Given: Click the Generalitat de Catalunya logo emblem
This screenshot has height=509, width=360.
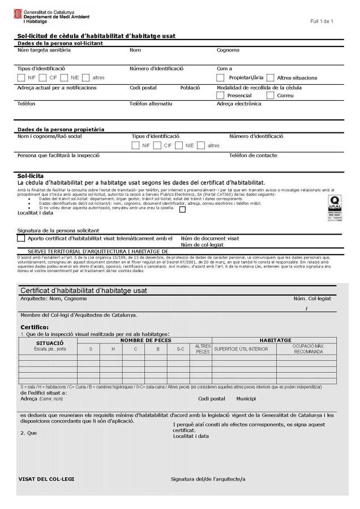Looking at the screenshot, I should tap(19, 14).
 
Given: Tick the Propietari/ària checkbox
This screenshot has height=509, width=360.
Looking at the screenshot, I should tap(221, 77).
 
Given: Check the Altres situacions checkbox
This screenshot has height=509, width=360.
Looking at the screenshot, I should tap(270, 77).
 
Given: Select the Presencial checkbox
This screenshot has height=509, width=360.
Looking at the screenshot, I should tap(221, 96).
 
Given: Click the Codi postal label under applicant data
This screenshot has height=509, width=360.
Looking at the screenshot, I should tap(143, 88).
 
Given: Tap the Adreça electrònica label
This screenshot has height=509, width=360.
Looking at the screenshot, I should tap(239, 104).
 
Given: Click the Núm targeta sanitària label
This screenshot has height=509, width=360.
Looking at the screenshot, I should tap(44, 50).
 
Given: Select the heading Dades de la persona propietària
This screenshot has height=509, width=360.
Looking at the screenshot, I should tap(61, 130).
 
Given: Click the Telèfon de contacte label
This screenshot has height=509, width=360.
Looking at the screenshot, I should tap(253, 155).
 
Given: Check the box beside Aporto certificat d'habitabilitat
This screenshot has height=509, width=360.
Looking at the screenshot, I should tap(22, 239).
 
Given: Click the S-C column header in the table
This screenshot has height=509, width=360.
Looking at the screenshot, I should tap(180, 349).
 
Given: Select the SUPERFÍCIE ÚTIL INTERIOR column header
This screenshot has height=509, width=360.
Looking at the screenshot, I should tap(241, 349).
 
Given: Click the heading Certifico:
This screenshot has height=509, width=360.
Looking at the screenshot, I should tap(35, 327).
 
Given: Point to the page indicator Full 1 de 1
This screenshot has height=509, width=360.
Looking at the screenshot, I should tap(322, 21).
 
